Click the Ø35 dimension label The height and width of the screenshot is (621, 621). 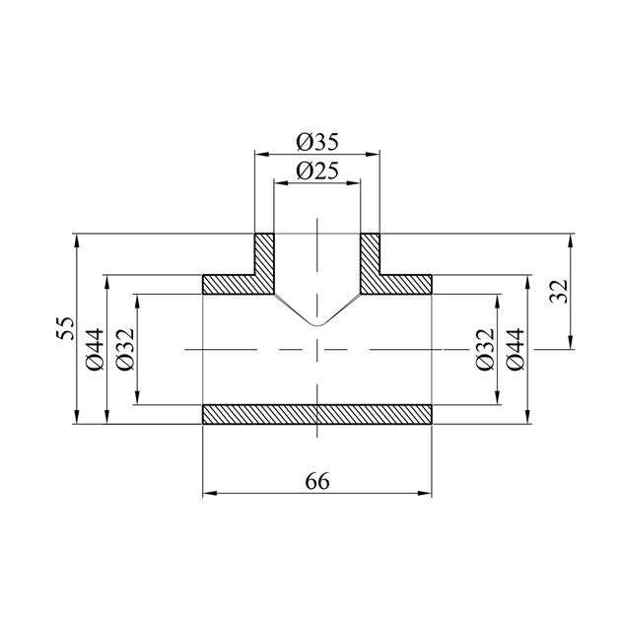(317, 142)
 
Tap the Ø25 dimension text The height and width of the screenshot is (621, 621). (317, 172)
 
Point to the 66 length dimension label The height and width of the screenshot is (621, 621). (317, 482)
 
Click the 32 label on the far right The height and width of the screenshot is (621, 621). (559, 292)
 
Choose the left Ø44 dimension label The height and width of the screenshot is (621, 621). (95, 349)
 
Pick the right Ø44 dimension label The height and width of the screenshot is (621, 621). (516, 349)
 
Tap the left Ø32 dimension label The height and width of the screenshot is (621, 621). (126, 349)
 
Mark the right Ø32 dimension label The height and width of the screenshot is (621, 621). (486, 349)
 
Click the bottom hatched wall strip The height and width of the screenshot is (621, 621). (316, 414)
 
